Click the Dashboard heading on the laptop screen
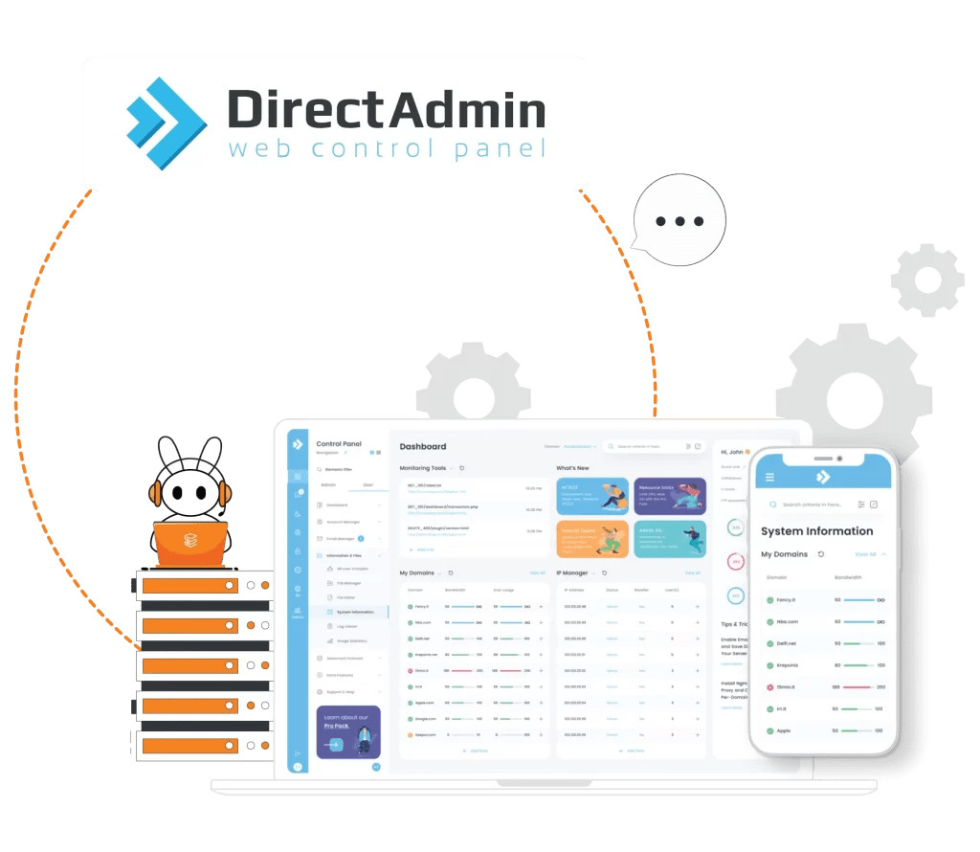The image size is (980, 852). pos(422,446)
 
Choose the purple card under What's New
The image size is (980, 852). pos(670,497)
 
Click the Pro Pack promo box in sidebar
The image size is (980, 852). pos(348,732)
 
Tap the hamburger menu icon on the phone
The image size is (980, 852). pos(769,477)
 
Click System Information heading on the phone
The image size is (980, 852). pos(816,531)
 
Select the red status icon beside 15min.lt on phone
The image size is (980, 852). pos(769,687)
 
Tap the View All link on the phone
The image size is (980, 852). pos(865,554)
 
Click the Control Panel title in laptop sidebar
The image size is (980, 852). pos(339,444)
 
